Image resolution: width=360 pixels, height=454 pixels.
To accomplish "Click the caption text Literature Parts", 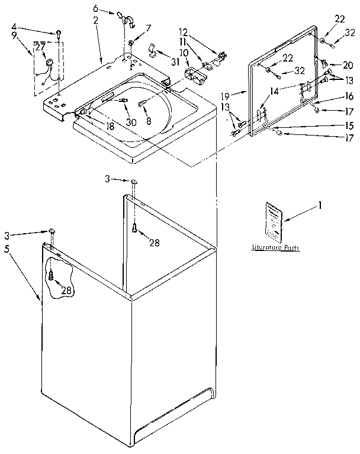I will (275, 248).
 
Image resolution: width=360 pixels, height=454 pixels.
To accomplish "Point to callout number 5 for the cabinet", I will (7, 249).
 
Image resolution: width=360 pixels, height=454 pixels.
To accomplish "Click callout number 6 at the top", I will (95, 8).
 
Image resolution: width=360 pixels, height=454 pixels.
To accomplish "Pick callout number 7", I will (148, 27).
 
